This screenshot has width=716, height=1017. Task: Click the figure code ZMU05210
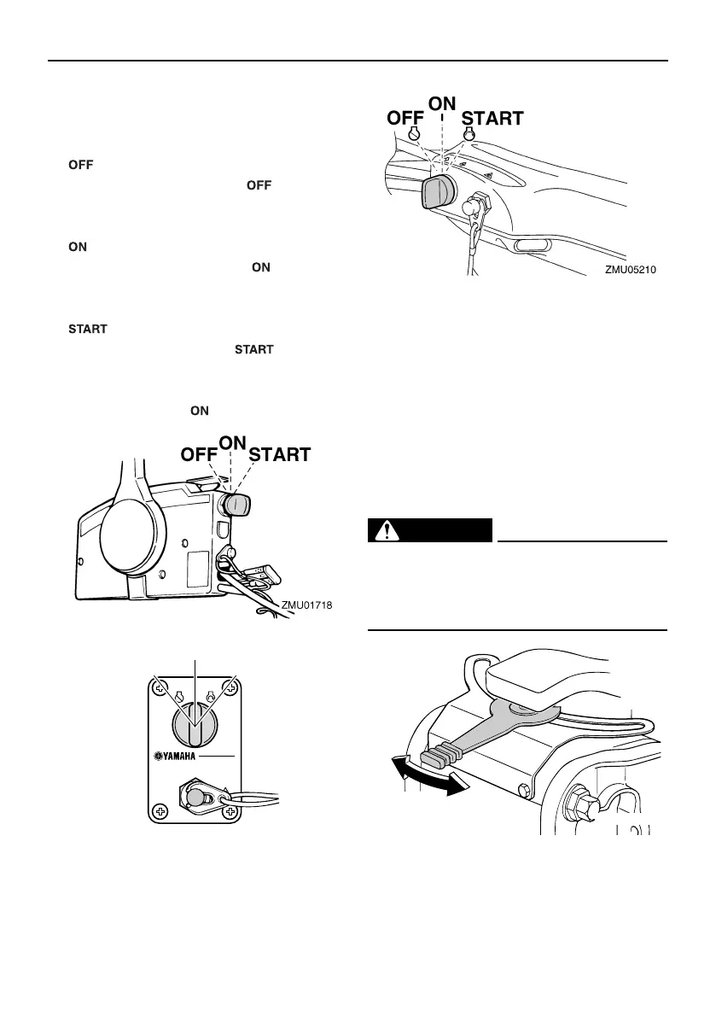point(632,269)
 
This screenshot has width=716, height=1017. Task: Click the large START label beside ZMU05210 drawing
point(493,120)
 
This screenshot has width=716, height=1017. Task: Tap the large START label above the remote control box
point(280,455)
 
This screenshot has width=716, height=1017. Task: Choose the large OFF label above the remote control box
point(200,455)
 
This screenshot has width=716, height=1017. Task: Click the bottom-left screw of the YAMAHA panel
point(160,811)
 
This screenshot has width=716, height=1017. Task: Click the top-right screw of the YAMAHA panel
point(232,686)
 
